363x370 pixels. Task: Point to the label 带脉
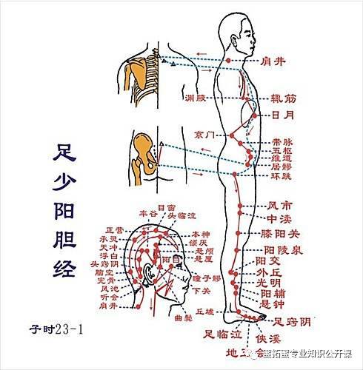click(282, 140)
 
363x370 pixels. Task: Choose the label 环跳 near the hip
click(282, 178)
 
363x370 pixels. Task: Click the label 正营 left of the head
click(116, 229)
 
